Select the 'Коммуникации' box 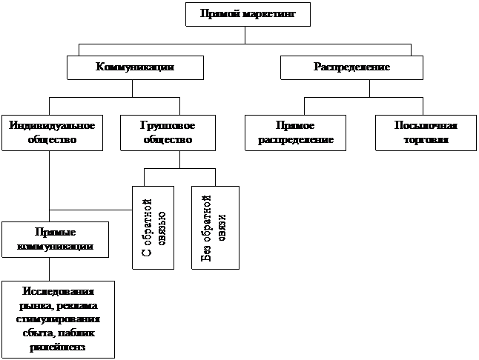coord(135,67)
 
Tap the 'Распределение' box coord(351,67)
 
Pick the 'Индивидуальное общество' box coord(52,133)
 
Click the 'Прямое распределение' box coord(295,133)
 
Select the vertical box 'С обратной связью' coord(153,227)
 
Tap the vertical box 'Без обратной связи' coord(215,227)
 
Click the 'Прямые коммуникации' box coord(55,239)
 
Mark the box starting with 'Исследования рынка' coord(58,319)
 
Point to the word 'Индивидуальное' coord(52,126)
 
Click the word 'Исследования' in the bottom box coord(58,291)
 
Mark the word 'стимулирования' coord(58,319)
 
